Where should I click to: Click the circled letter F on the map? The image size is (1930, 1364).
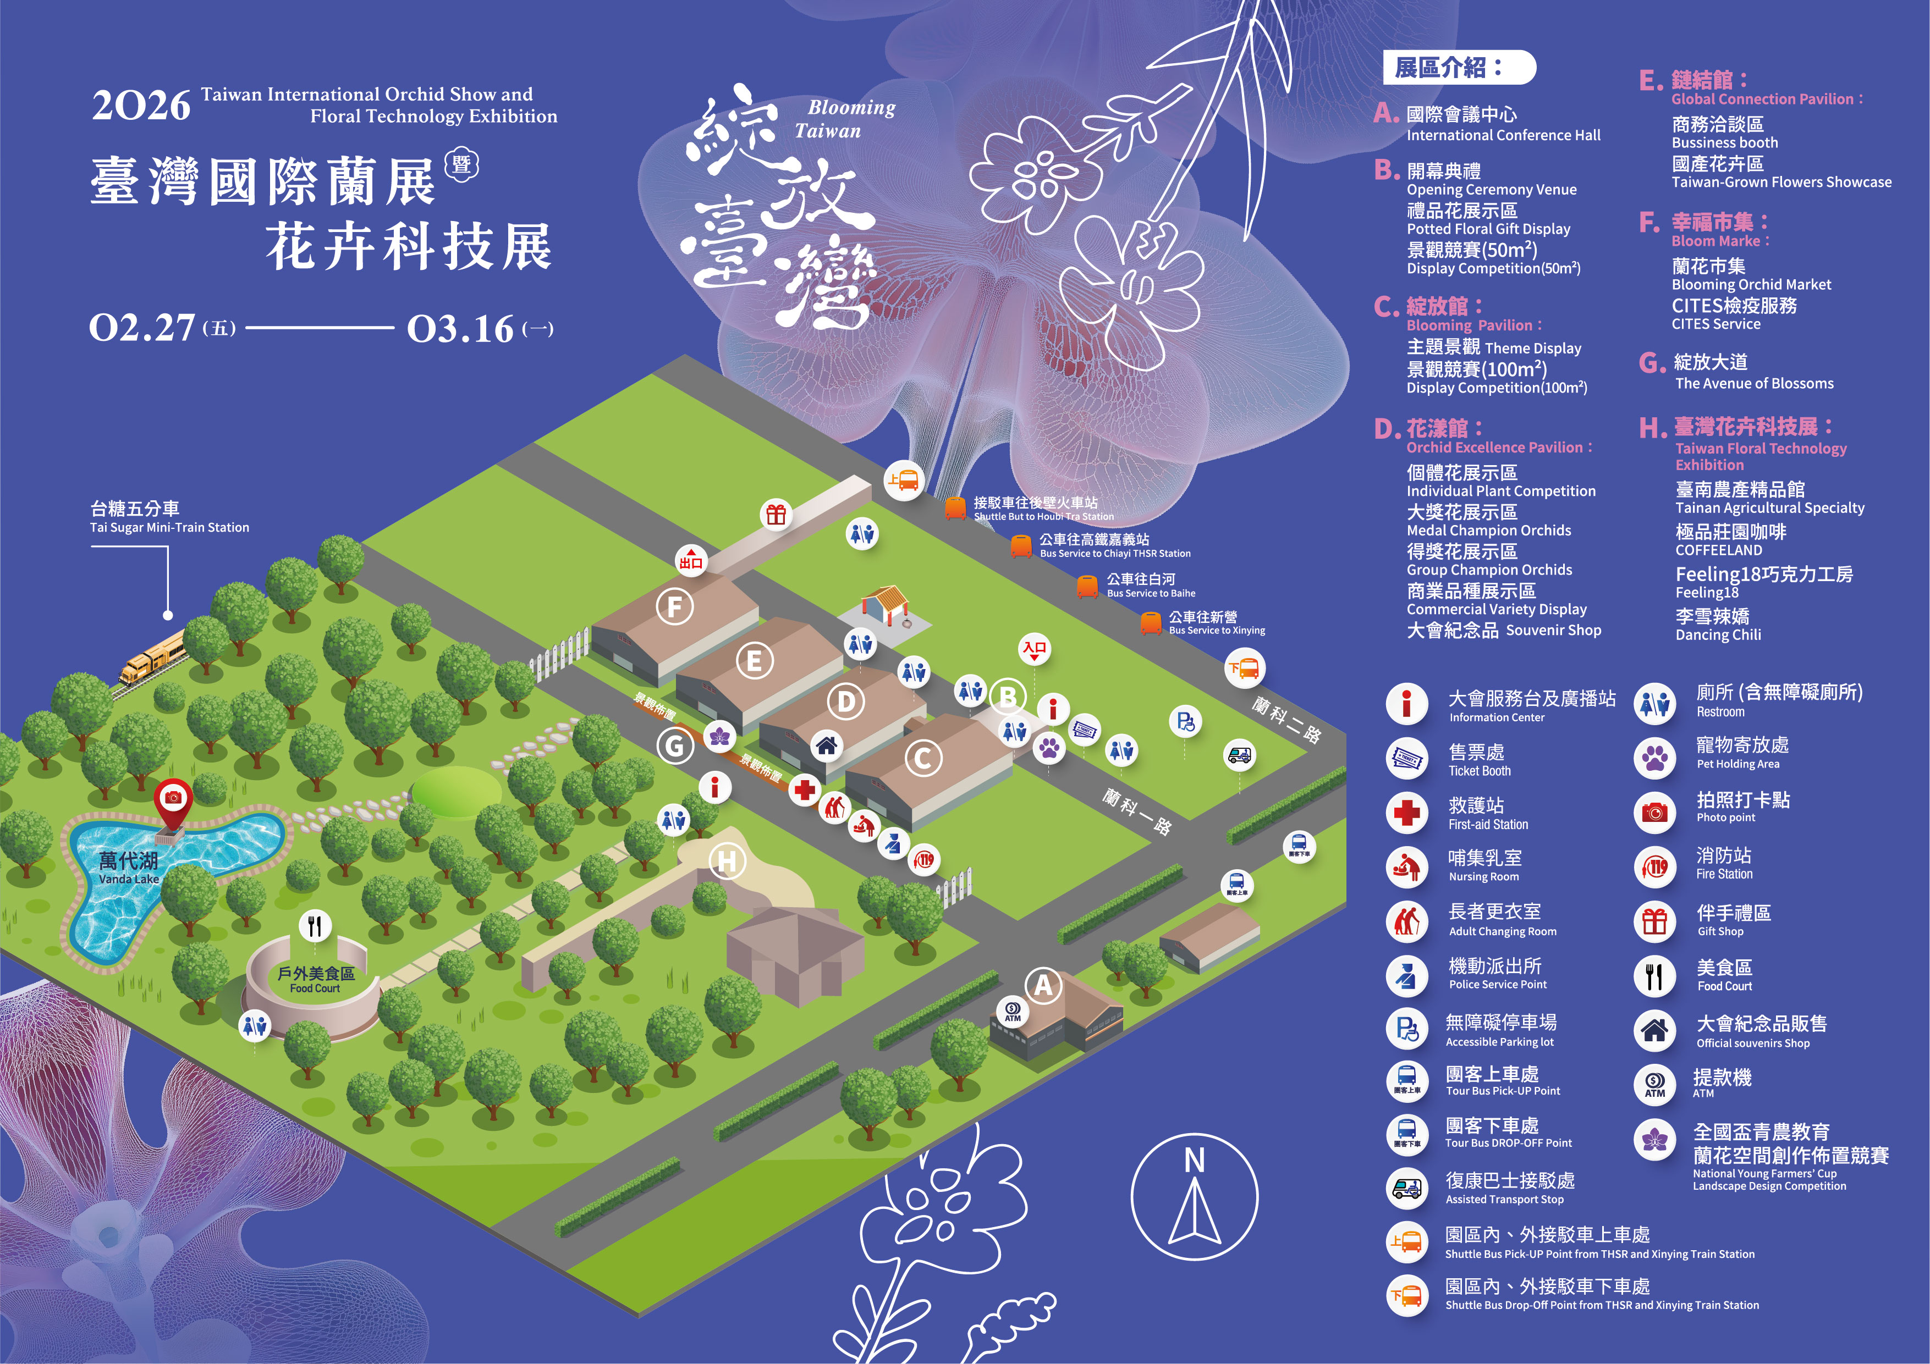[x=674, y=607]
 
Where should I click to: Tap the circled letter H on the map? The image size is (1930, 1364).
[x=727, y=862]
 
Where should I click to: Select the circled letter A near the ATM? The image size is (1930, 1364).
[x=1043, y=985]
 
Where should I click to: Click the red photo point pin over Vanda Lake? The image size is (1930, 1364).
[x=174, y=800]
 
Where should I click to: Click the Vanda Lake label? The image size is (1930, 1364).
[x=129, y=868]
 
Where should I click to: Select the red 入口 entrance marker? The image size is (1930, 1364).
[x=1035, y=650]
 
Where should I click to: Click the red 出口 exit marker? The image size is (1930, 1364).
[x=691, y=561]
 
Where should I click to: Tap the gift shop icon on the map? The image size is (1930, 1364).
[x=776, y=515]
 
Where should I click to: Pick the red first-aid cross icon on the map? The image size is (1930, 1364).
[x=805, y=790]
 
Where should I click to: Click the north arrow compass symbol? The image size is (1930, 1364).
[x=1195, y=1197]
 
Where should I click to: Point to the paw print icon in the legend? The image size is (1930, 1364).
[x=1654, y=759]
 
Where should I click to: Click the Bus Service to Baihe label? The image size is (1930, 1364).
[x=1150, y=586]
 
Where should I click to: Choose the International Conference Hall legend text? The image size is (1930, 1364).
[x=1503, y=124]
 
